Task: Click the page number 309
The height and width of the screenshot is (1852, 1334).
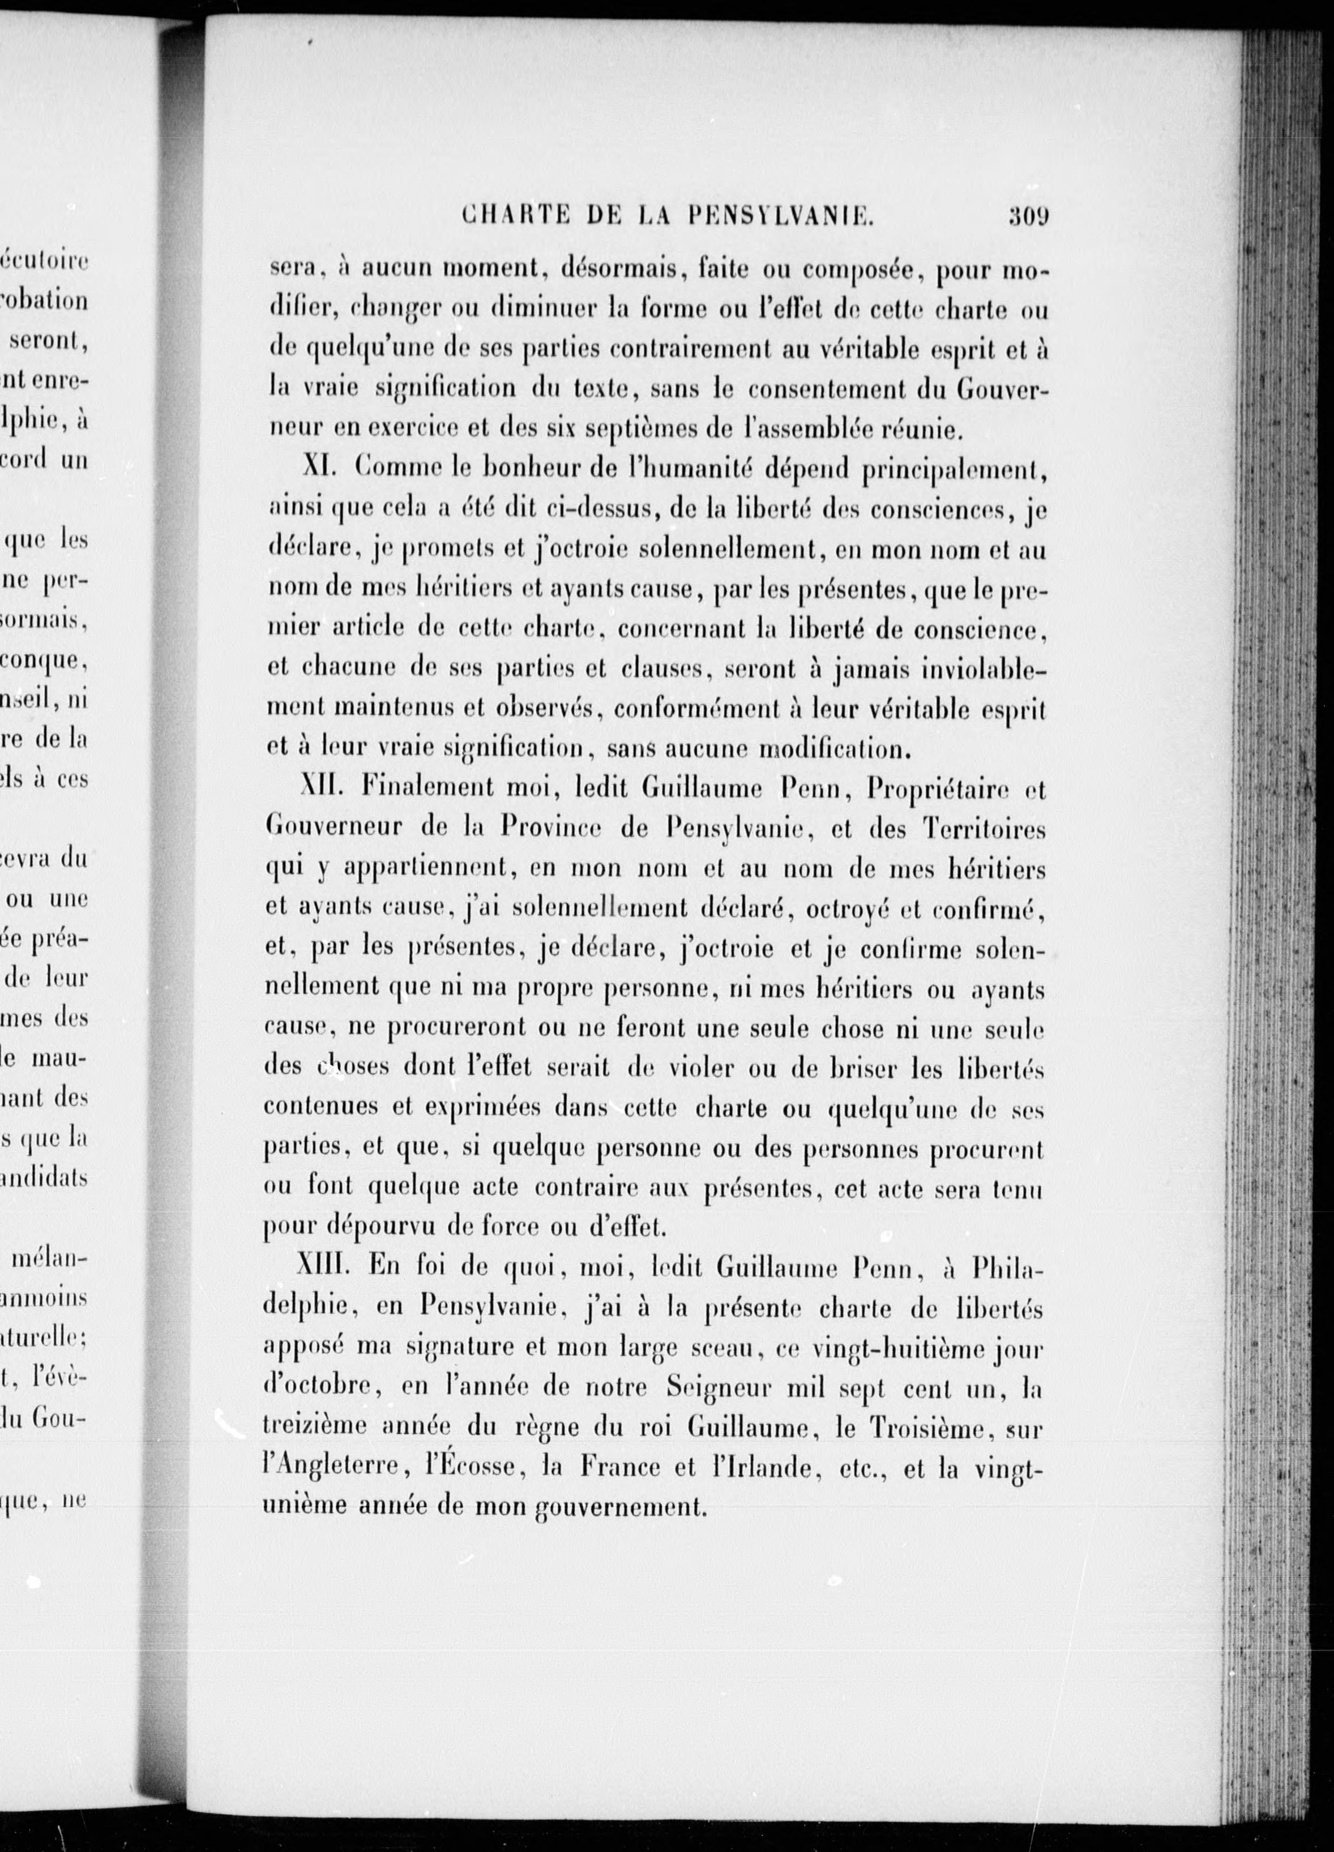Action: pyautogui.click(x=1028, y=217)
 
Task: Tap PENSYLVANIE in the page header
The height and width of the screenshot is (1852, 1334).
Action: pyautogui.click(x=782, y=217)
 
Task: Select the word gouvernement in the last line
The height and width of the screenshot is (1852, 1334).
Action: pyautogui.click(x=620, y=1509)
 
